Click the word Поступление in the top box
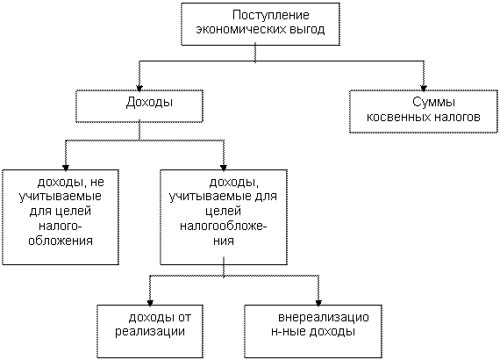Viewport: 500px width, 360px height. coord(271,15)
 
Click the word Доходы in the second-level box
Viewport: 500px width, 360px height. coord(149,103)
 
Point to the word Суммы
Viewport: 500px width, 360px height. coord(433,102)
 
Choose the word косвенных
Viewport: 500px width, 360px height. coord(398,117)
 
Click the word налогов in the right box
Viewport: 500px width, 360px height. coord(456,117)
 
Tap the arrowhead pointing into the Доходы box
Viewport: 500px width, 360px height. coord(139,88)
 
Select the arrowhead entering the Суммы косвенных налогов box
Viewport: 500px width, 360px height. coord(424,88)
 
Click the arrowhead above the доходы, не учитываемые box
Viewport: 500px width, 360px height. coord(66,168)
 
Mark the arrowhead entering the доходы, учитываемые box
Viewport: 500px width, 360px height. coord(224,168)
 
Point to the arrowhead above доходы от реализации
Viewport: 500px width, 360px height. coord(150,303)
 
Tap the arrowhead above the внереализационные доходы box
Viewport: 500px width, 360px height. coord(318,303)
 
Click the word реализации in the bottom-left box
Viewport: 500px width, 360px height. coord(150,332)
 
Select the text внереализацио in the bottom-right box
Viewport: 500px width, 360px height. coord(324,318)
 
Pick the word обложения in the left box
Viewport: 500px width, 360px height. coord(61,241)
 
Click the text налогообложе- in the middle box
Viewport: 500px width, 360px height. coord(224,227)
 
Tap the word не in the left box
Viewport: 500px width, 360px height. coord(97,183)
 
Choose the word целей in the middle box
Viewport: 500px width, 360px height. coord(223,212)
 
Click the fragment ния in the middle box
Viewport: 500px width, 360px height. coord(224,241)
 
